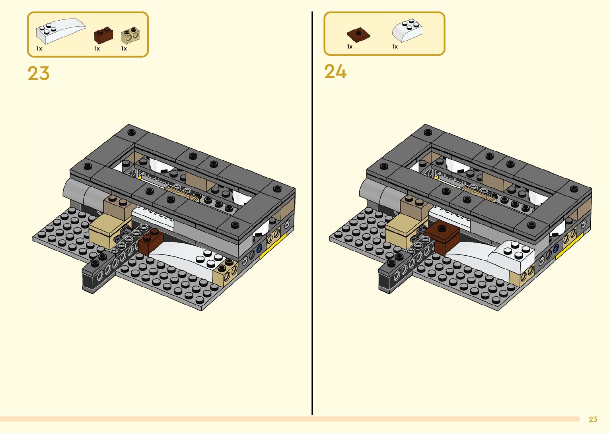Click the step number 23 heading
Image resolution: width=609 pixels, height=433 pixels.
pos(39,74)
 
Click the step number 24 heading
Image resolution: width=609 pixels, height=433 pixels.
pos(335,72)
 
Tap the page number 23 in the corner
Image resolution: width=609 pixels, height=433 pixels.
pos(593,419)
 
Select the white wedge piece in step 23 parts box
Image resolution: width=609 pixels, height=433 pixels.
pos(60,31)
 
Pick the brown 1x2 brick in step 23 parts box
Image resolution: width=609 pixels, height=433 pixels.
pos(103,35)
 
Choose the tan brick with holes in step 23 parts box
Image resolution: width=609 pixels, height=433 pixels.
pos(130,35)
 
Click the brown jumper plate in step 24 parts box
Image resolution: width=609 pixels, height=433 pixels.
pos(358,35)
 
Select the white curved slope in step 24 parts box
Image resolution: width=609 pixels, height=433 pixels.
pos(407,30)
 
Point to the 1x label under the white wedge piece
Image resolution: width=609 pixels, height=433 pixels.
pos(39,49)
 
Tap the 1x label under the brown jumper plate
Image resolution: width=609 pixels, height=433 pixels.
pos(350,47)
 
